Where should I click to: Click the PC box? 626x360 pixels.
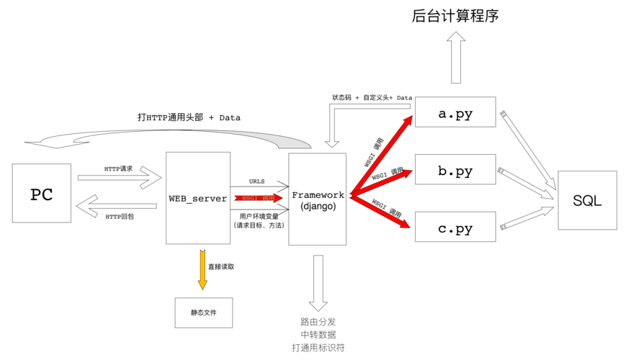(42, 193)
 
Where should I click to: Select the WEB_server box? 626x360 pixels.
(198, 198)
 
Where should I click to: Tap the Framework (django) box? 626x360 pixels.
(318, 199)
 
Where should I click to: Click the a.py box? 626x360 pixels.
(455, 112)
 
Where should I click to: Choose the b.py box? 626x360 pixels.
(455, 171)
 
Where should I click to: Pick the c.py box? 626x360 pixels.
(455, 228)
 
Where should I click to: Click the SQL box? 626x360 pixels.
(587, 200)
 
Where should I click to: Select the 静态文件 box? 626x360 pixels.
(203, 312)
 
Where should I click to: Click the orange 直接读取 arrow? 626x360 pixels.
(202, 269)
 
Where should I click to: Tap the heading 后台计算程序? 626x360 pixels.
(455, 15)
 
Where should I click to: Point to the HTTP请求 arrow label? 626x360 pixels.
(119, 168)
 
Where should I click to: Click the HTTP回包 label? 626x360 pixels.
(119, 216)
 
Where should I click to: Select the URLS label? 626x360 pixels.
(257, 181)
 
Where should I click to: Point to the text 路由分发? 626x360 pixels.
(318, 322)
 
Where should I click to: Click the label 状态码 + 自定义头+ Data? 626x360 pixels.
(372, 97)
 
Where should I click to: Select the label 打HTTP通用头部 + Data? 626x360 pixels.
(189, 117)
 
